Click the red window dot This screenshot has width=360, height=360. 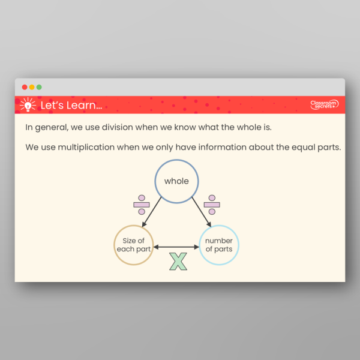[x=25, y=87]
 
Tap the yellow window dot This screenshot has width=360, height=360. [x=32, y=87]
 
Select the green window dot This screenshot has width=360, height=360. [x=39, y=87]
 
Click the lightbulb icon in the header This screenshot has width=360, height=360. [x=27, y=105]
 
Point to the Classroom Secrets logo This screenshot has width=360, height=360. [x=324, y=105]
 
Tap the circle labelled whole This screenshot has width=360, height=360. [x=176, y=181]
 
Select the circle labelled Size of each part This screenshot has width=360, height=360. [x=134, y=245]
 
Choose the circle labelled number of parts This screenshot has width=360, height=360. [x=218, y=245]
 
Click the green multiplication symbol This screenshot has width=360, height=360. [x=178, y=261]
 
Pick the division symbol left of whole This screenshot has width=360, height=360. [x=142, y=205]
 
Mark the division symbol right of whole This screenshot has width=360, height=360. [x=211, y=205]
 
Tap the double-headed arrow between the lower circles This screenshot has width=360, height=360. [x=176, y=246]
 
